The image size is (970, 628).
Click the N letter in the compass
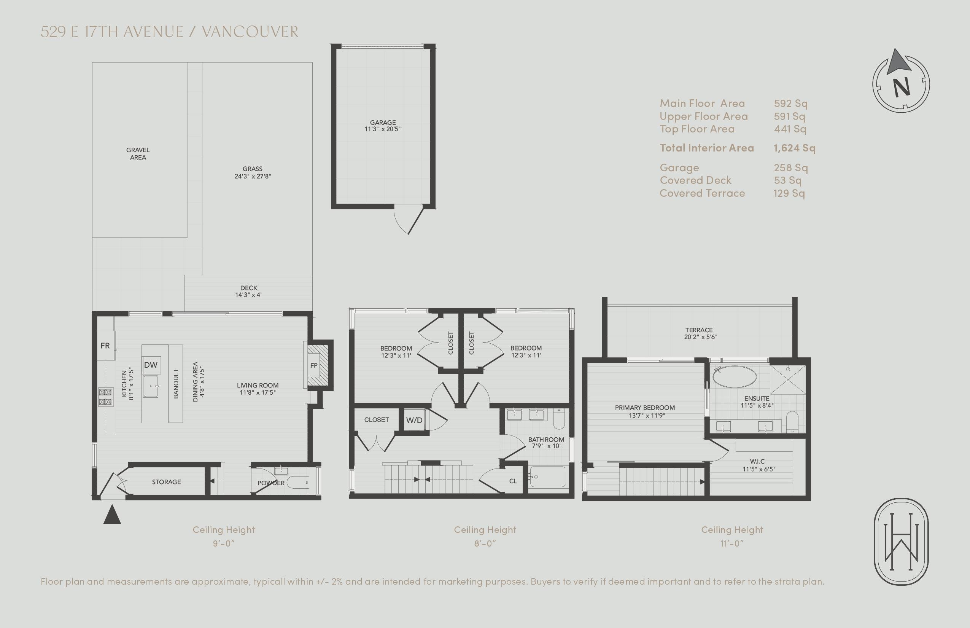point(901,87)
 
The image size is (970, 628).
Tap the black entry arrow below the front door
point(112,515)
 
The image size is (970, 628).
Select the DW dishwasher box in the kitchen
point(150,365)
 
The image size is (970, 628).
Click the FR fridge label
point(105,346)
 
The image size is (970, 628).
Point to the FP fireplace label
point(314,365)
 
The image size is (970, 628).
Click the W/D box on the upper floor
point(414,421)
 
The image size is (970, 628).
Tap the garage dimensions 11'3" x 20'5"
point(383,129)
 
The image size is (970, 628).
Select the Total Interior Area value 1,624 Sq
point(794,148)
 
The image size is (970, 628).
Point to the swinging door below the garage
point(409,221)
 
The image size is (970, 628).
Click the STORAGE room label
point(166,482)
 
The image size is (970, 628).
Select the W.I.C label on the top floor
point(757,462)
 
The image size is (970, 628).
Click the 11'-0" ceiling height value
point(732,544)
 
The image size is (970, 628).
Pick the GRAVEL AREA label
point(138,154)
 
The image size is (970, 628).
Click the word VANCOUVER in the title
point(250,32)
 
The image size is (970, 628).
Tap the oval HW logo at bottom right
point(901,542)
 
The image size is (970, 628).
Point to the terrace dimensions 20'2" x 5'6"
point(701,337)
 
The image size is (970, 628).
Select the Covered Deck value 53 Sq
point(787,180)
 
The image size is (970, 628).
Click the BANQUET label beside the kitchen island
point(176,384)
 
